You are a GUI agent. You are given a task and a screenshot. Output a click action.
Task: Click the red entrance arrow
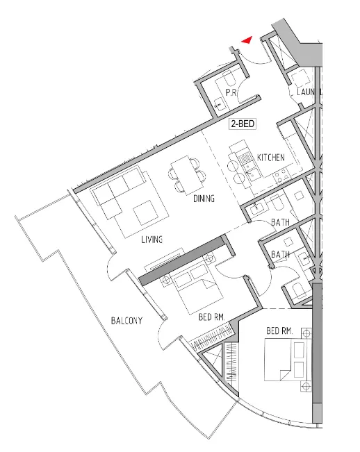click(246, 41)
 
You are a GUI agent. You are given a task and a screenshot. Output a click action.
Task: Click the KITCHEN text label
click(270, 158)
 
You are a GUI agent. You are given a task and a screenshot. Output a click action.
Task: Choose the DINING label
click(204, 199)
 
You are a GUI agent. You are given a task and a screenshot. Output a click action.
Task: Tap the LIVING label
click(152, 240)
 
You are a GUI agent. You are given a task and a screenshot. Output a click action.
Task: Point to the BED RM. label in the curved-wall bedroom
click(280, 331)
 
